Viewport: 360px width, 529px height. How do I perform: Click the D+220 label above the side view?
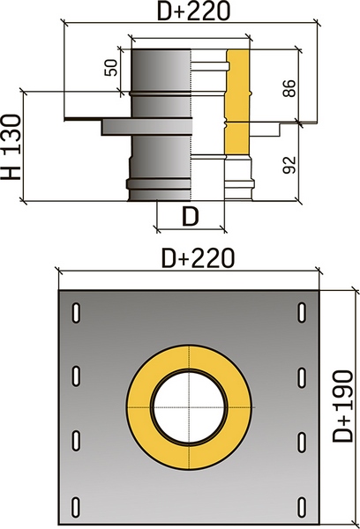pos(194,11)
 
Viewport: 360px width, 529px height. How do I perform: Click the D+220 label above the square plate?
pos(199,258)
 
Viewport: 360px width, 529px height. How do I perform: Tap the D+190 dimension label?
pos(342,406)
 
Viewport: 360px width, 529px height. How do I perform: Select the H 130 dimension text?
pos(11,146)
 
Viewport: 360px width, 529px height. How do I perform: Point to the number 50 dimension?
pos(111,68)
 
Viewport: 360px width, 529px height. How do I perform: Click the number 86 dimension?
pos(289,89)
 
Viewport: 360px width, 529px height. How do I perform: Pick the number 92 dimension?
pos(289,165)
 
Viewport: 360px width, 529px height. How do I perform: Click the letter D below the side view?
pos(191,216)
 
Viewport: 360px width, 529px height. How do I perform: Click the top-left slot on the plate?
pos(76,313)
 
